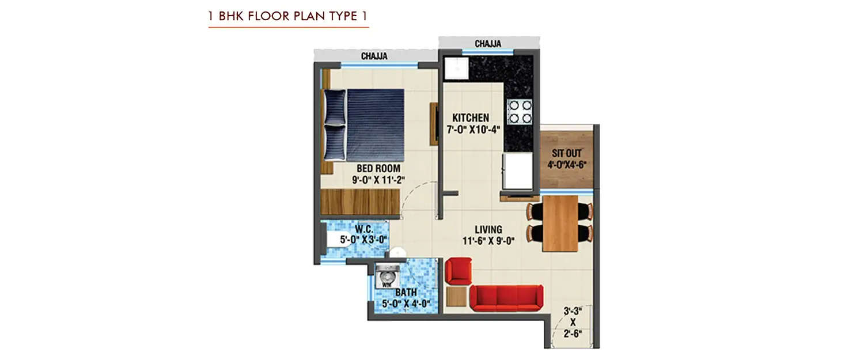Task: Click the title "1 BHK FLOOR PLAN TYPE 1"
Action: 288,16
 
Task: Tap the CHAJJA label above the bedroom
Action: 374,56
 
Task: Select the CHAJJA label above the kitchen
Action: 488,44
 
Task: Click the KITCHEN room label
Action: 471,118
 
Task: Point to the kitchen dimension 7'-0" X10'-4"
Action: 472,130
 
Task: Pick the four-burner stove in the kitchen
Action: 520,112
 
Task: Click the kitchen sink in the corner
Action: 456,68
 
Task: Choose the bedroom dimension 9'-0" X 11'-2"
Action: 378,179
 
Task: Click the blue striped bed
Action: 369,124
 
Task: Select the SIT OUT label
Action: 567,154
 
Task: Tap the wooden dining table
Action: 560,223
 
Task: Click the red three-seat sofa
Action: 506,297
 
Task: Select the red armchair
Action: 458,271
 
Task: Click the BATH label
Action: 406,293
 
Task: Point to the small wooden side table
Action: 456,297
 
